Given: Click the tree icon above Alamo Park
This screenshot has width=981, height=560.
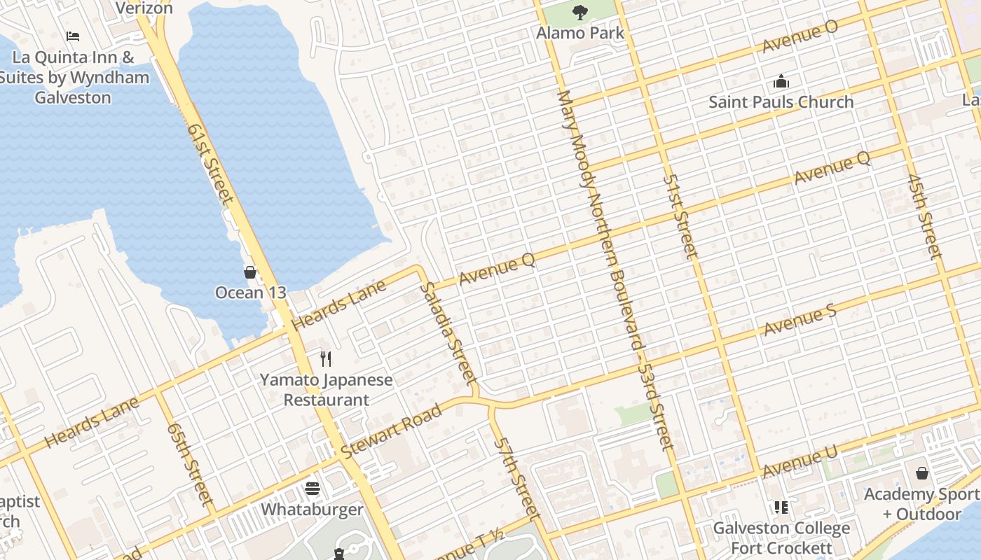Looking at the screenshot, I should point(579,11).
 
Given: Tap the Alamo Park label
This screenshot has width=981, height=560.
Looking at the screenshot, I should point(580,33).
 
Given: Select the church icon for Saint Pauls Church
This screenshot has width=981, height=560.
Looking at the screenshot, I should point(781,82).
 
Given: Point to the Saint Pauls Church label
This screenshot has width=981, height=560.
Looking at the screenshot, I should point(781,102).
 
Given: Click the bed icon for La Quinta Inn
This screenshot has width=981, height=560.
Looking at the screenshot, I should point(73,36).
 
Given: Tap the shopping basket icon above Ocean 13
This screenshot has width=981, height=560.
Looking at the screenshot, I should point(250,272).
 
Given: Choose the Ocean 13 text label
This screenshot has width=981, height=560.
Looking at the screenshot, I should point(250,293).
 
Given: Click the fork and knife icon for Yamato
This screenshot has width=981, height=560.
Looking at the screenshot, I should point(326,359).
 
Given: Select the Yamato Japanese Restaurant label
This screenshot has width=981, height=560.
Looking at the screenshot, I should point(326,390).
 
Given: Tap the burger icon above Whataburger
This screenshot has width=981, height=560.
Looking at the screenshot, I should point(313,489).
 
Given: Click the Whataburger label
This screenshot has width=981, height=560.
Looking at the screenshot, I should point(313,509).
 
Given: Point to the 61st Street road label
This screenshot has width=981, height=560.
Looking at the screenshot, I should point(209,164).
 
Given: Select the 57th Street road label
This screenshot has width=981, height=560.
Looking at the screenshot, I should point(516,477).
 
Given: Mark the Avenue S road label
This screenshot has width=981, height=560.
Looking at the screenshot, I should point(800,321).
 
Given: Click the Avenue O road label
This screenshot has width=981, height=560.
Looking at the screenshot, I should point(800,36).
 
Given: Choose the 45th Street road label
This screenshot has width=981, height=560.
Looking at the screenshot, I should point(924,217).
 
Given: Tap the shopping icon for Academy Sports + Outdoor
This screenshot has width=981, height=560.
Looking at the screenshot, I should point(922,474).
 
